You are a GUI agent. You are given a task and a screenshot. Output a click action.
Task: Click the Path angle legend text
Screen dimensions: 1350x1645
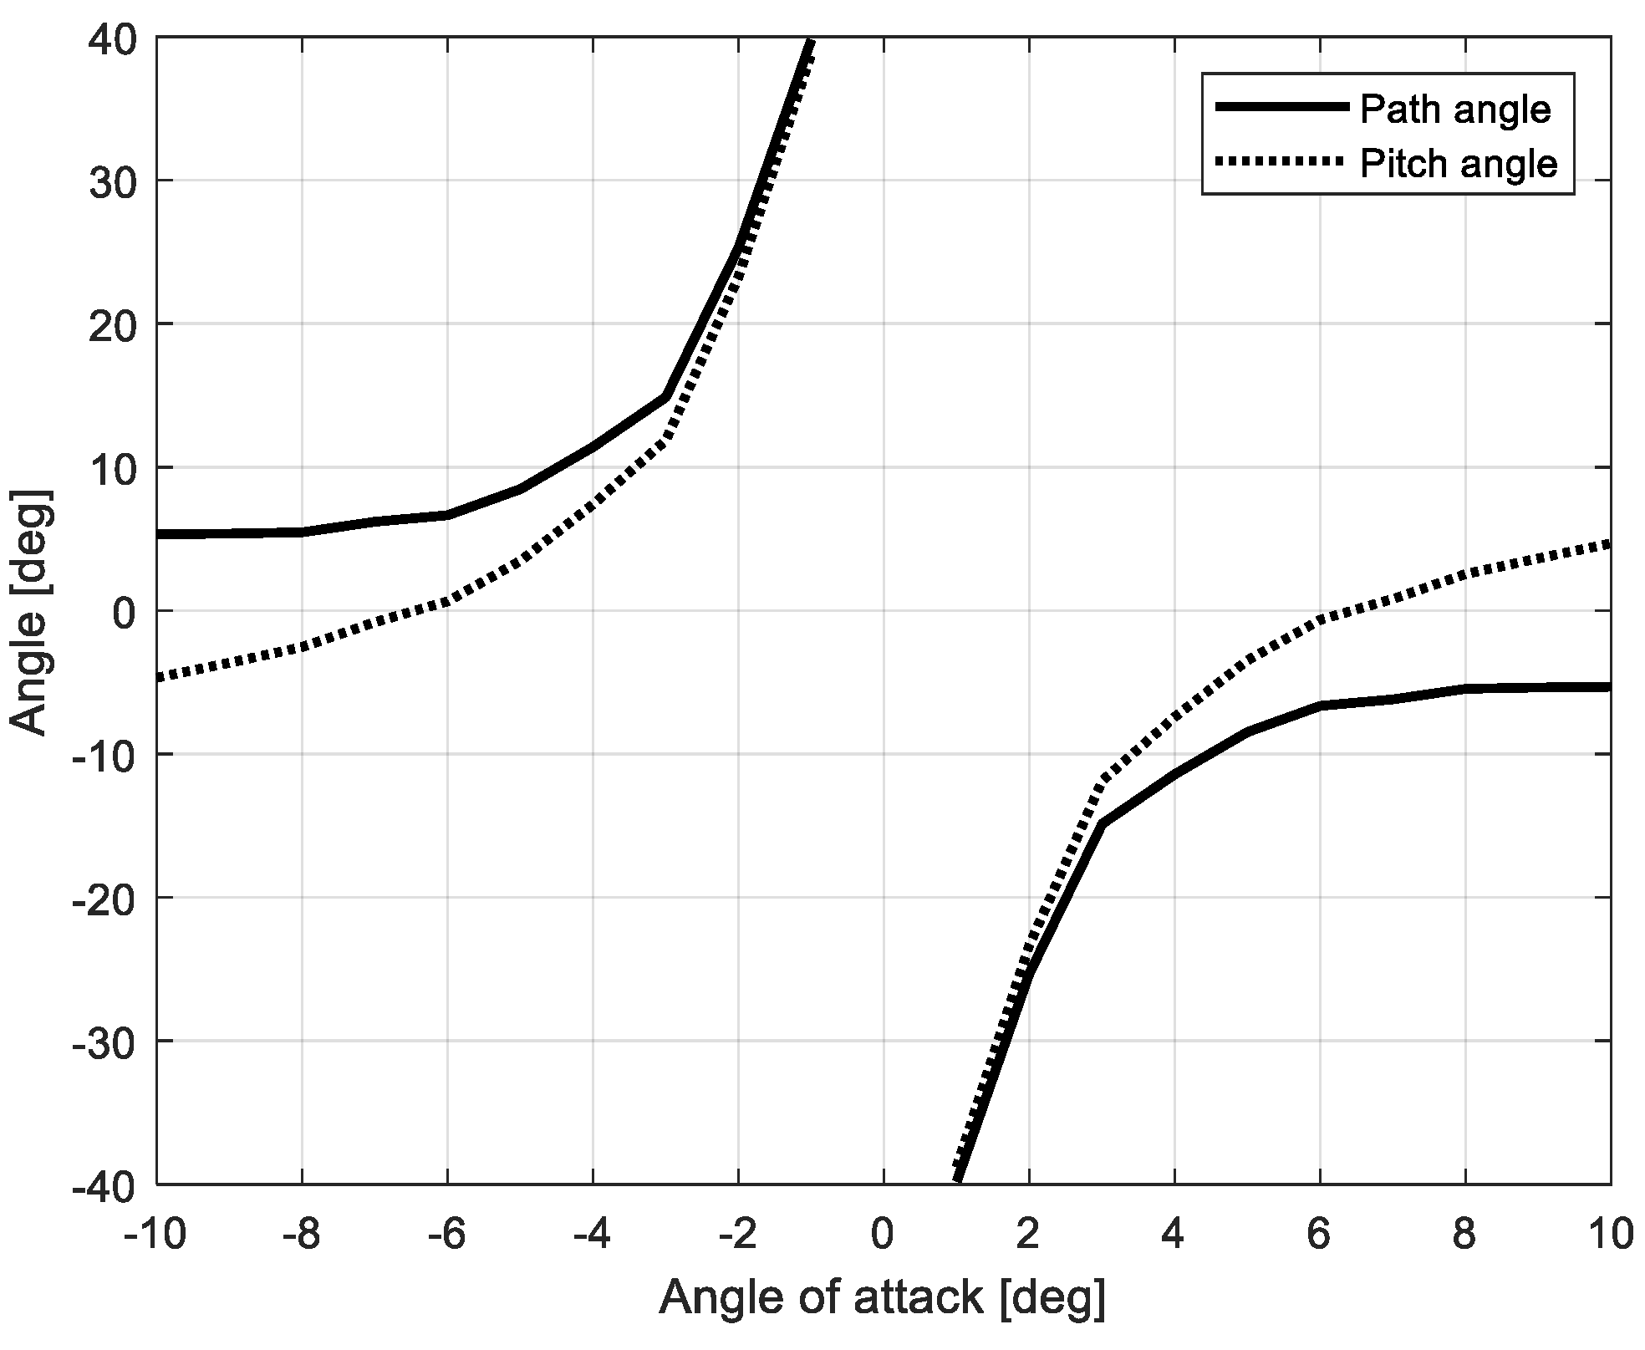pos(1456,110)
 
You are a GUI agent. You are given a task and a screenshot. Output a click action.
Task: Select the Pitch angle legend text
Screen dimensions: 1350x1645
pos(1459,164)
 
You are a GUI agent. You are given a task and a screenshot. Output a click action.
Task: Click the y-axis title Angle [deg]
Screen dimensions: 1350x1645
pos(32,612)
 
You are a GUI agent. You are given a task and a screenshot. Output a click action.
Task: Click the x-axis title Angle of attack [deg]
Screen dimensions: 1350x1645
pos(883,1298)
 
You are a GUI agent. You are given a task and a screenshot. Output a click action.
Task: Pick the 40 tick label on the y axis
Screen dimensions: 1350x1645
pos(115,38)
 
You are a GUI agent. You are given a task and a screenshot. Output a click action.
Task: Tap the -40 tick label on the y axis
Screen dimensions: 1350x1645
pos(106,1184)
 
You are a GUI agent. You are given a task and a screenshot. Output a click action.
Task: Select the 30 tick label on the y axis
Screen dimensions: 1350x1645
pos(115,181)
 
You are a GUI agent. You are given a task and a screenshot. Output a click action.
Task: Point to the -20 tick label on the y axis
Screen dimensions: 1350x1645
pos(106,898)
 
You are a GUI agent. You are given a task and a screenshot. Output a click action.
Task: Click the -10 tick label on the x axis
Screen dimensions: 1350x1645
pos(155,1235)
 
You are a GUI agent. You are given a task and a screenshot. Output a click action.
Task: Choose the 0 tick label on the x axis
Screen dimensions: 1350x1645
pos(883,1235)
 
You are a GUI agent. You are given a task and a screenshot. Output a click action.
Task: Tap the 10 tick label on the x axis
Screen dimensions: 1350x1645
pos(1610,1235)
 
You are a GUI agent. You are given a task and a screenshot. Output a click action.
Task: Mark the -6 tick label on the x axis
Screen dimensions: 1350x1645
pos(446,1235)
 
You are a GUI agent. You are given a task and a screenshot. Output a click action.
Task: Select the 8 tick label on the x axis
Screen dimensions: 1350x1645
pos(1464,1235)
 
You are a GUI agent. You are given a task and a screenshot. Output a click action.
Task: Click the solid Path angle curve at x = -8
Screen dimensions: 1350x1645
pos(302,532)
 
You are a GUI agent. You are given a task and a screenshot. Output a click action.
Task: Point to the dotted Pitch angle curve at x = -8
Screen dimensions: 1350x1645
pos(302,647)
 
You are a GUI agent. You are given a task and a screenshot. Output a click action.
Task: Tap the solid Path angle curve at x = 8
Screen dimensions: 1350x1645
pos(1464,689)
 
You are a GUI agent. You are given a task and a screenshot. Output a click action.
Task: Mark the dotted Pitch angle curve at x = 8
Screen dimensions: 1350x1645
pos(1464,574)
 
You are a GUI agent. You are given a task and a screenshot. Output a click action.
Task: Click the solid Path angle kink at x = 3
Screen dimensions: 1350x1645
pos(1101,825)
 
